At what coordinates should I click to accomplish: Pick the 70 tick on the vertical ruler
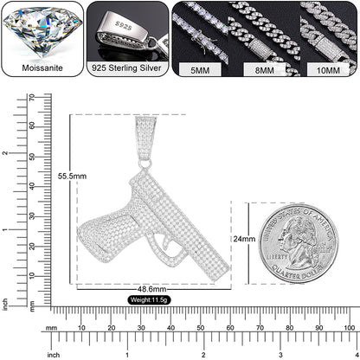click(x=32, y=97)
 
